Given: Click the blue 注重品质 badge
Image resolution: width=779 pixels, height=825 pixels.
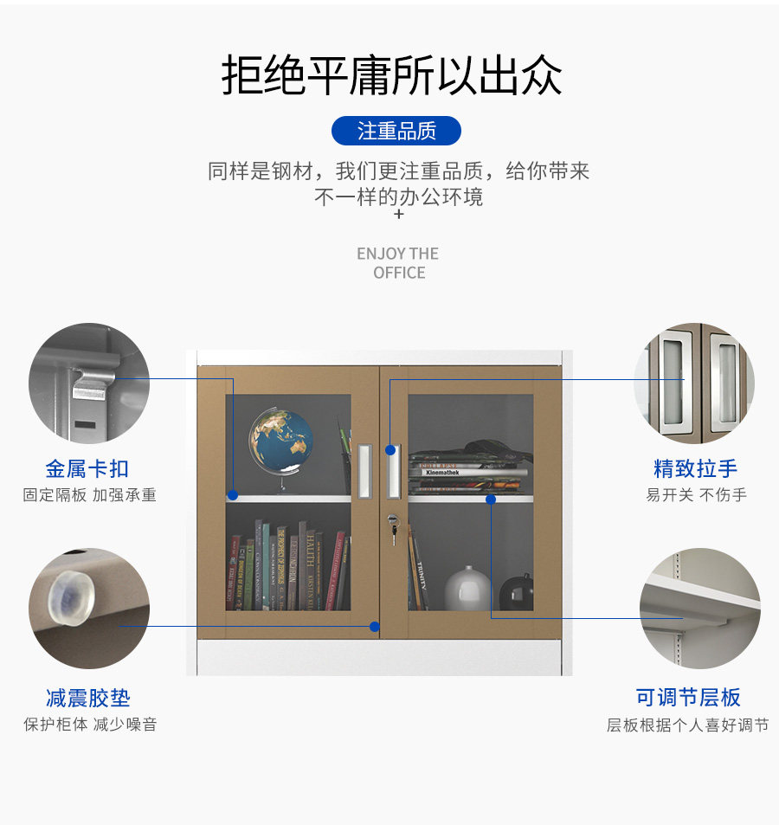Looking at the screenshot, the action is pyautogui.click(x=396, y=131).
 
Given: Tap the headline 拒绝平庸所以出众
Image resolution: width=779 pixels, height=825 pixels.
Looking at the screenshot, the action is pyautogui.click(x=391, y=75).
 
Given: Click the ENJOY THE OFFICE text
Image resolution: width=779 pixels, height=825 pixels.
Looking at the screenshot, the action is pyautogui.click(x=397, y=263).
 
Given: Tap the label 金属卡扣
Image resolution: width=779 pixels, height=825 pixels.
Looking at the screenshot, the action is pyautogui.click(x=87, y=469).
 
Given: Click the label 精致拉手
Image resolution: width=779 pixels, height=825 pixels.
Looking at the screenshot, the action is pyautogui.click(x=696, y=469).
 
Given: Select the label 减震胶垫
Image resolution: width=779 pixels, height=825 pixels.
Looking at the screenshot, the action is pyautogui.click(x=87, y=698).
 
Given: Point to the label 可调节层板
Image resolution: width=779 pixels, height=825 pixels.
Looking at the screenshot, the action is pyautogui.click(x=688, y=698).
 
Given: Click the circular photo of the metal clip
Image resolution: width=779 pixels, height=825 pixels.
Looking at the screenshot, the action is pyautogui.click(x=89, y=383).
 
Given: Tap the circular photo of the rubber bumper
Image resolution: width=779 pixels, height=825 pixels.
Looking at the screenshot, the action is pyautogui.click(x=89, y=608).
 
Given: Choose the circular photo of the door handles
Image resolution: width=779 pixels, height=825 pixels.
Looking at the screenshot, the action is pyautogui.click(x=694, y=383).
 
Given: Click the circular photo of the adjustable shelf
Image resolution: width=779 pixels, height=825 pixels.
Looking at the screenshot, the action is pyautogui.click(x=699, y=608).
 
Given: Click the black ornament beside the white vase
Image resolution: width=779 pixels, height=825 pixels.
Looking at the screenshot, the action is pyautogui.click(x=516, y=592).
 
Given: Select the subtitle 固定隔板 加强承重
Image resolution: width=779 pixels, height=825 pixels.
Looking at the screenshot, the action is pyautogui.click(x=89, y=495).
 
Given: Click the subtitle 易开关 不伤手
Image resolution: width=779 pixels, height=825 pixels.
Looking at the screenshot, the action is pyautogui.click(x=696, y=495).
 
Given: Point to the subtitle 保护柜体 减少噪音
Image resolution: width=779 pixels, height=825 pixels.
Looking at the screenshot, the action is pyautogui.click(x=90, y=725).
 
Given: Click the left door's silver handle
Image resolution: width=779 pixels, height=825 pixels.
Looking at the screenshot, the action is pyautogui.click(x=364, y=471).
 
